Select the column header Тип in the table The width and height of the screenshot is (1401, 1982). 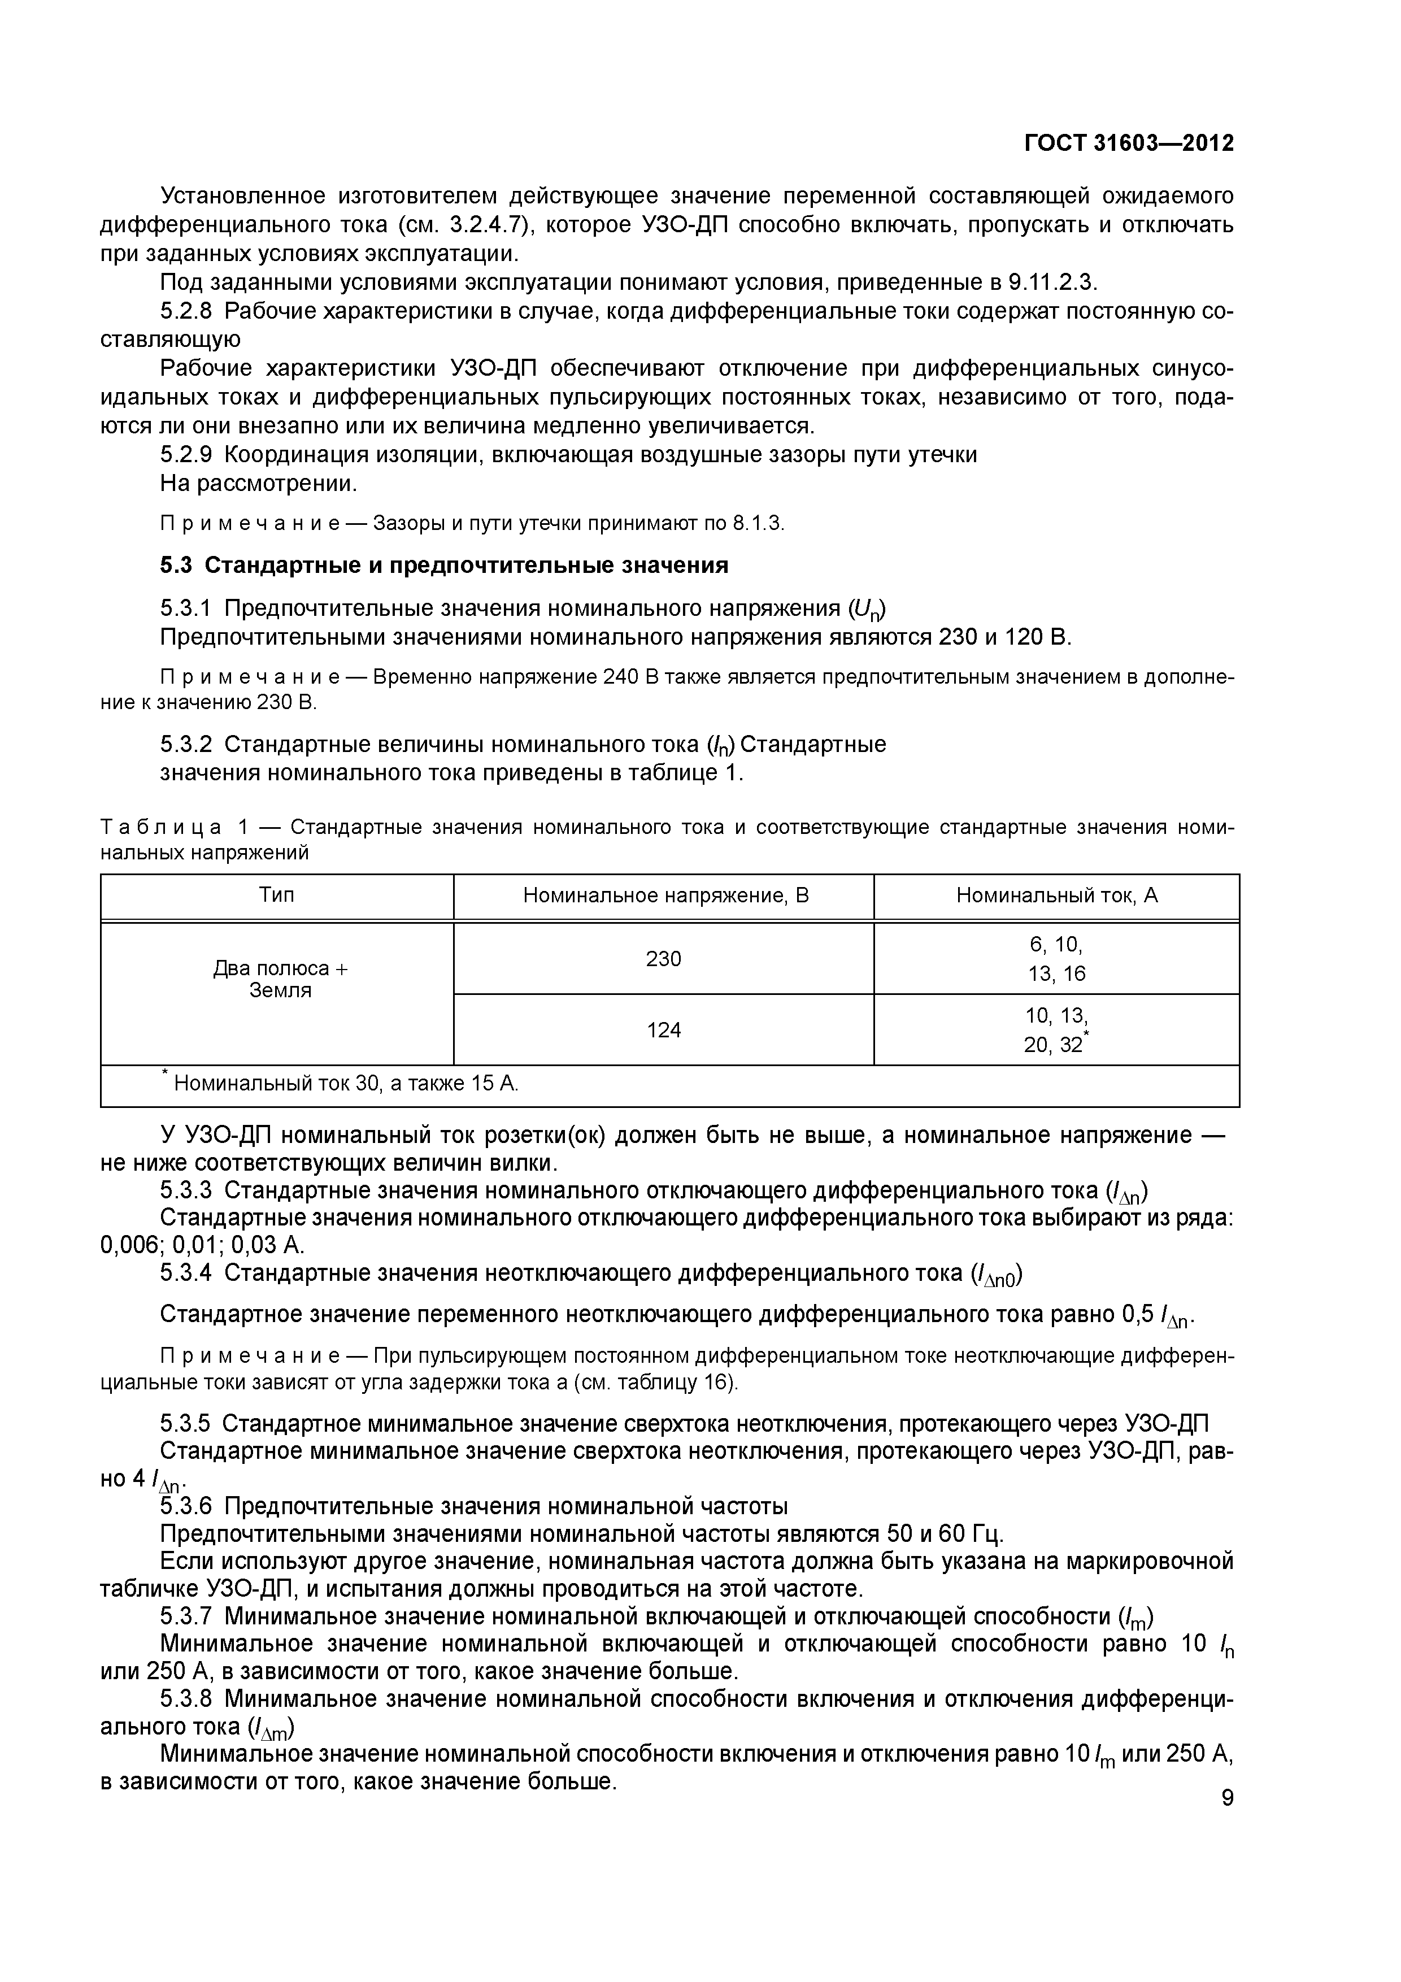click(x=277, y=895)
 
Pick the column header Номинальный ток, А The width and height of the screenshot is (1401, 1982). click(x=1056, y=895)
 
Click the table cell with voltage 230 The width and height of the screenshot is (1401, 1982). click(x=664, y=959)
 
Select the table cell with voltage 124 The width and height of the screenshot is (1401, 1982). click(x=664, y=1030)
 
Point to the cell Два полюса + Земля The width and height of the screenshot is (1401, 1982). click(x=280, y=980)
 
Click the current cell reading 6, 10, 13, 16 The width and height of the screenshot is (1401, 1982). click(x=1056, y=959)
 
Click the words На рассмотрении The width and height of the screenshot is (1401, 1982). click(x=258, y=484)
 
